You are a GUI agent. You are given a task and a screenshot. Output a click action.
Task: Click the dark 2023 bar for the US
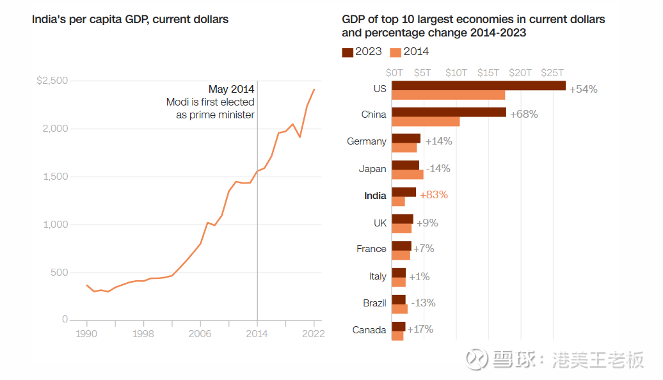click(479, 86)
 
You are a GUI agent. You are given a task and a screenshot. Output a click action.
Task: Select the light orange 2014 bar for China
click(426, 122)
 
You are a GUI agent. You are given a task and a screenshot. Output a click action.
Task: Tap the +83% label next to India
click(434, 194)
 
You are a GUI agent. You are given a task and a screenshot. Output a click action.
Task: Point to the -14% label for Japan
click(438, 168)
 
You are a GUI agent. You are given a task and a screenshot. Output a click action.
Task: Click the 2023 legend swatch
click(347, 52)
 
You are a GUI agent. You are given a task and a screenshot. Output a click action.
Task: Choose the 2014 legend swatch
click(395, 52)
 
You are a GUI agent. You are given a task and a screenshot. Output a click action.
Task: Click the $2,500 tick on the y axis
click(52, 81)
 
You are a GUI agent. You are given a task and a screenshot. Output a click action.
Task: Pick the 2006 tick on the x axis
click(200, 333)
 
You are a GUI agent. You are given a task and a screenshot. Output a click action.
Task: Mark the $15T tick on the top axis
click(488, 73)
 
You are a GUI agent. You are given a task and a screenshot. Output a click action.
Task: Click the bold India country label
click(375, 196)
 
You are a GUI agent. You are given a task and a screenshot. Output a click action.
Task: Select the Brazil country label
click(374, 303)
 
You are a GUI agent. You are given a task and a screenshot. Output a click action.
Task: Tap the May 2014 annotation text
click(231, 89)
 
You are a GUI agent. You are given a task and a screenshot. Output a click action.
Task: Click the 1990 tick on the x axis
click(86, 333)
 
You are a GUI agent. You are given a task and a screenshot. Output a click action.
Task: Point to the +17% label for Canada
click(420, 329)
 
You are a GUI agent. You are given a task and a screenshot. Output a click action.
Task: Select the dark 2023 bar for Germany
click(406, 138)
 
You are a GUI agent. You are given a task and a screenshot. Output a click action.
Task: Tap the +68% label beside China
click(524, 114)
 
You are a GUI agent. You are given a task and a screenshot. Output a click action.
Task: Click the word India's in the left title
click(49, 19)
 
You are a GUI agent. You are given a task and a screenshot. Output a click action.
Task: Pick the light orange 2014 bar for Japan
click(408, 175)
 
